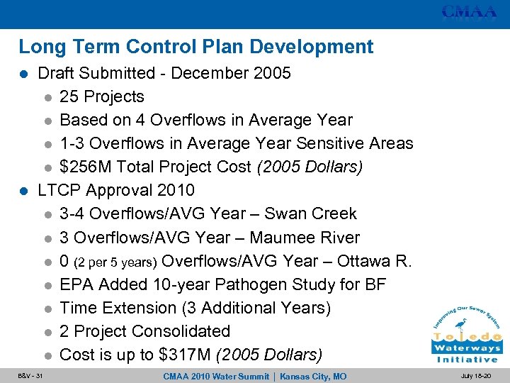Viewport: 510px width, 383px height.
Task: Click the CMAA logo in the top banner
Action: coord(469,12)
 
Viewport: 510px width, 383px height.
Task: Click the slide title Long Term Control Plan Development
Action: coord(195,48)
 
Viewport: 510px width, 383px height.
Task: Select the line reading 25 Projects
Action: coord(102,97)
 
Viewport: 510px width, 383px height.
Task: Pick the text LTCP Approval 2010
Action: coord(115,191)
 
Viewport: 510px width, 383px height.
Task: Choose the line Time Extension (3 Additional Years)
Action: coord(195,308)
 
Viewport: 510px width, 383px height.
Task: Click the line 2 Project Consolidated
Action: coord(145,331)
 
